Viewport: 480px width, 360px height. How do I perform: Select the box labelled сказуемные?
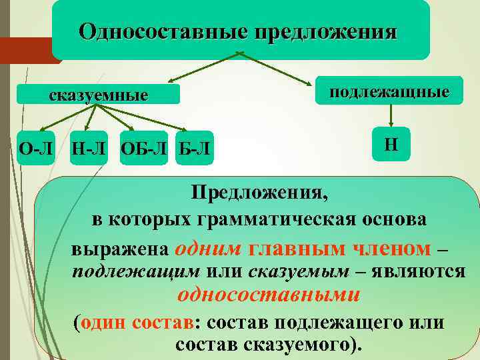(99, 95)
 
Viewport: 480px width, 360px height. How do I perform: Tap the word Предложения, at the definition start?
(259, 193)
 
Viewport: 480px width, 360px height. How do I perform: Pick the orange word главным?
(289, 248)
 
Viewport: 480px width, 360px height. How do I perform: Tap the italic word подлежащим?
(136, 271)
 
